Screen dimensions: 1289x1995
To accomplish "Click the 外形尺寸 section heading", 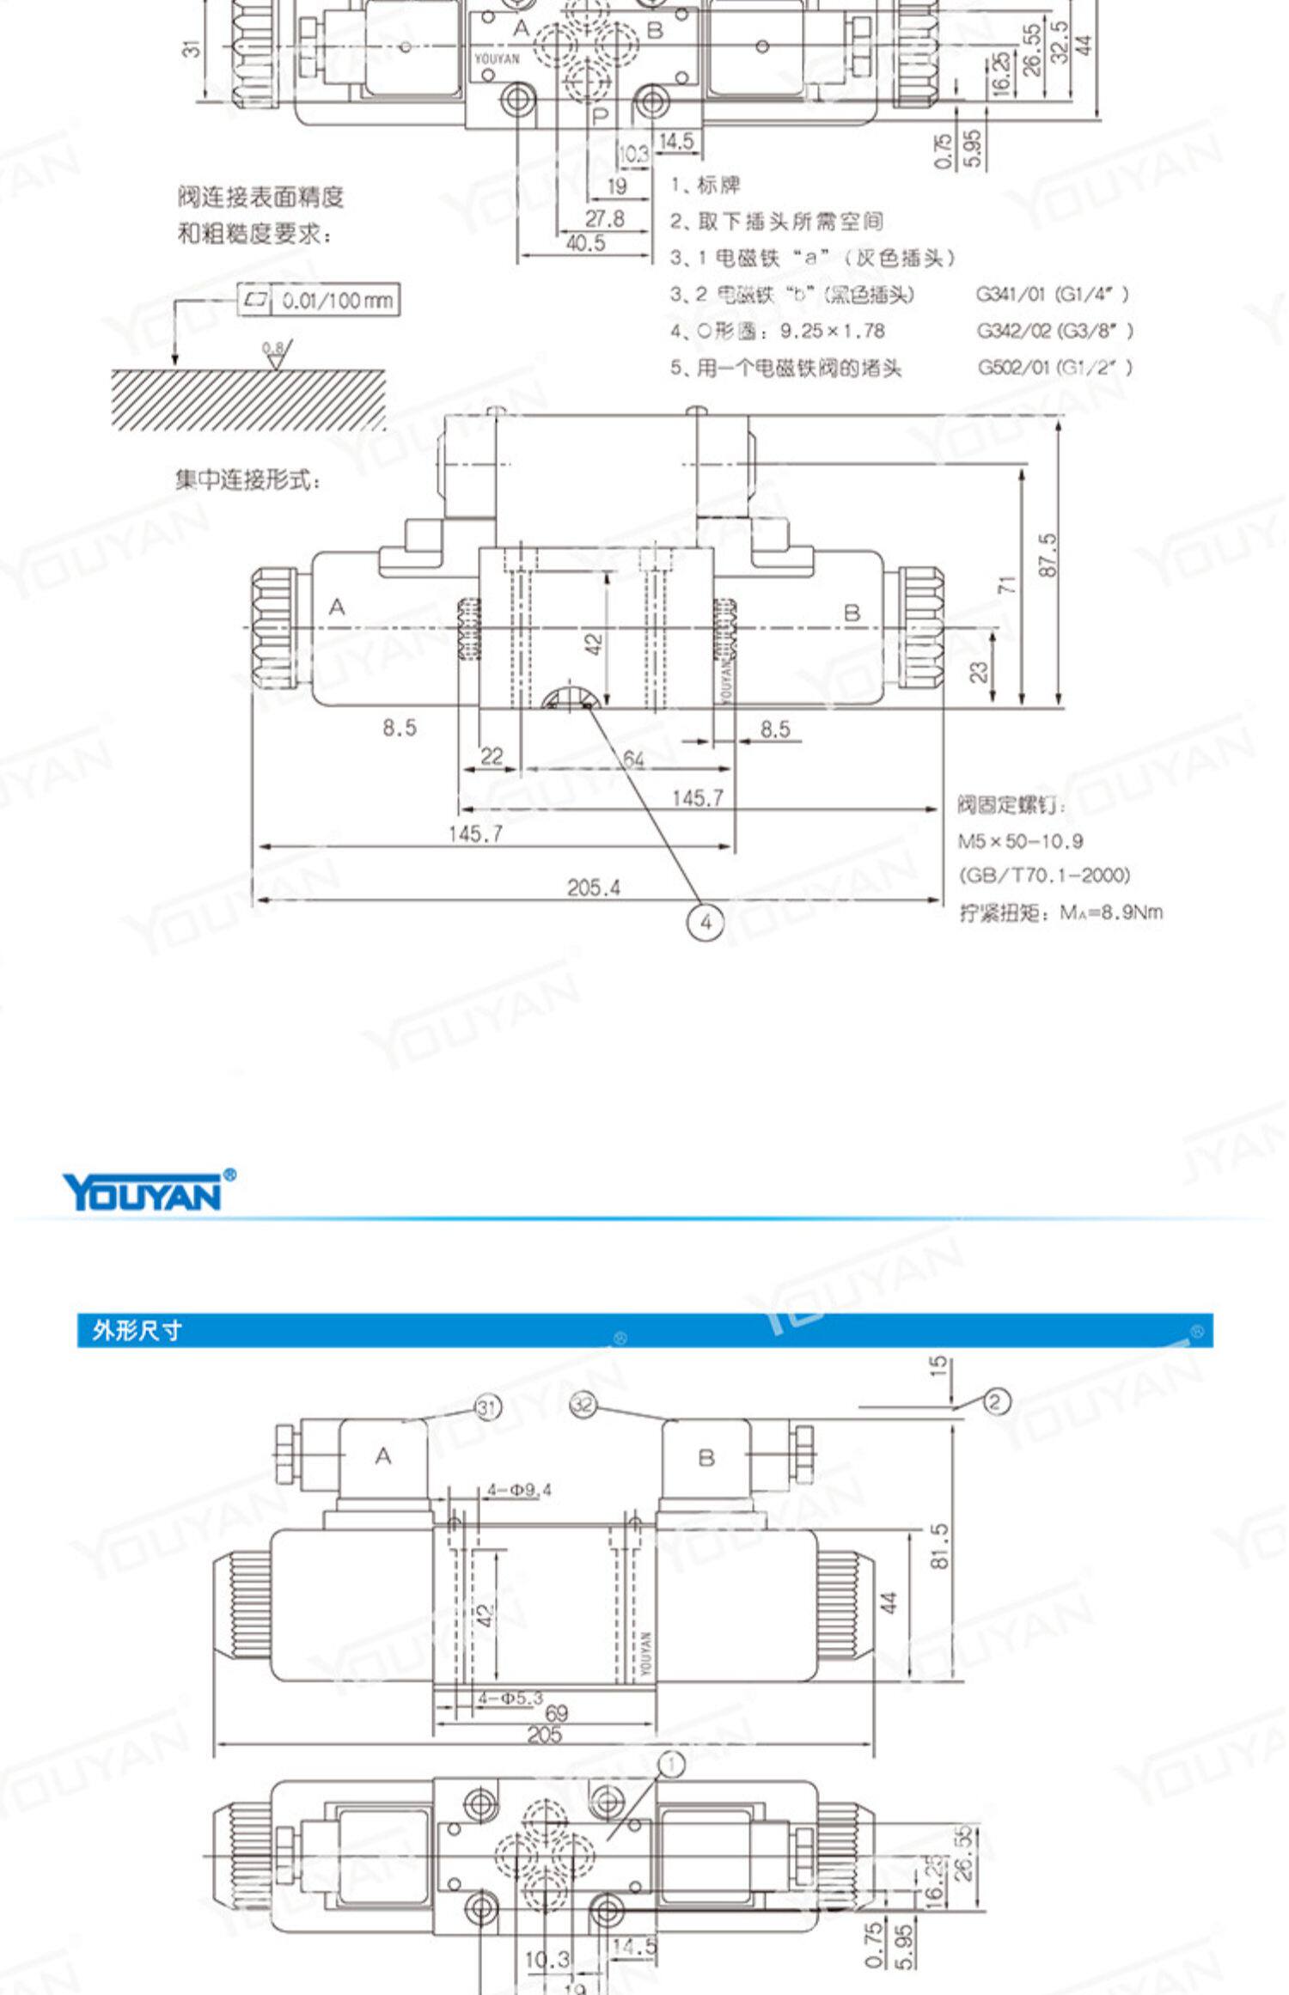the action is tap(137, 1331).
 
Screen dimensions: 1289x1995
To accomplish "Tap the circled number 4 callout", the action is tap(705, 923).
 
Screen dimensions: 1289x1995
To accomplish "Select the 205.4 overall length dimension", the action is tap(593, 888).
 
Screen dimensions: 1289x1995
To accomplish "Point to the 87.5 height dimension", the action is tap(1047, 554).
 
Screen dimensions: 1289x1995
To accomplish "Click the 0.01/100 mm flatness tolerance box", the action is tap(318, 300).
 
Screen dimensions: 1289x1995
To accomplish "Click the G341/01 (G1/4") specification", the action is tap(1053, 294).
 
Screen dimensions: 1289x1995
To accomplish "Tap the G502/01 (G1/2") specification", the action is tap(1054, 368).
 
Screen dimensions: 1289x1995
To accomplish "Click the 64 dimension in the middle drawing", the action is tap(633, 759).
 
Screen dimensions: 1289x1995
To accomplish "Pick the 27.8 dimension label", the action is tap(605, 218).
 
